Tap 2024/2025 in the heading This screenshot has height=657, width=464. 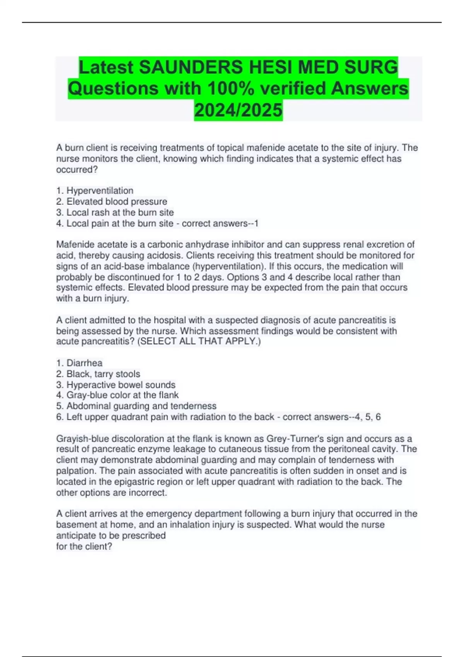click(238, 110)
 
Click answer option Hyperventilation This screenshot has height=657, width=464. click(100, 191)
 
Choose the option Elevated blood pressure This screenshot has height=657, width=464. click(116, 201)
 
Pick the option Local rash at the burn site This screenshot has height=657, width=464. click(120, 212)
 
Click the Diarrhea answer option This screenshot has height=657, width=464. click(84, 363)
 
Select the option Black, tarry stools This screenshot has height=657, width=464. click(103, 374)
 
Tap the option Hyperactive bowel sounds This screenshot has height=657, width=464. click(121, 385)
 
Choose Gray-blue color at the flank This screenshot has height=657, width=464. click(122, 395)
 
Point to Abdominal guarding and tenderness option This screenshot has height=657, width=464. click(141, 406)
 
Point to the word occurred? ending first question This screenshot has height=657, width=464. click(77, 170)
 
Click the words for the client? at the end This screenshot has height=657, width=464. click(84, 546)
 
